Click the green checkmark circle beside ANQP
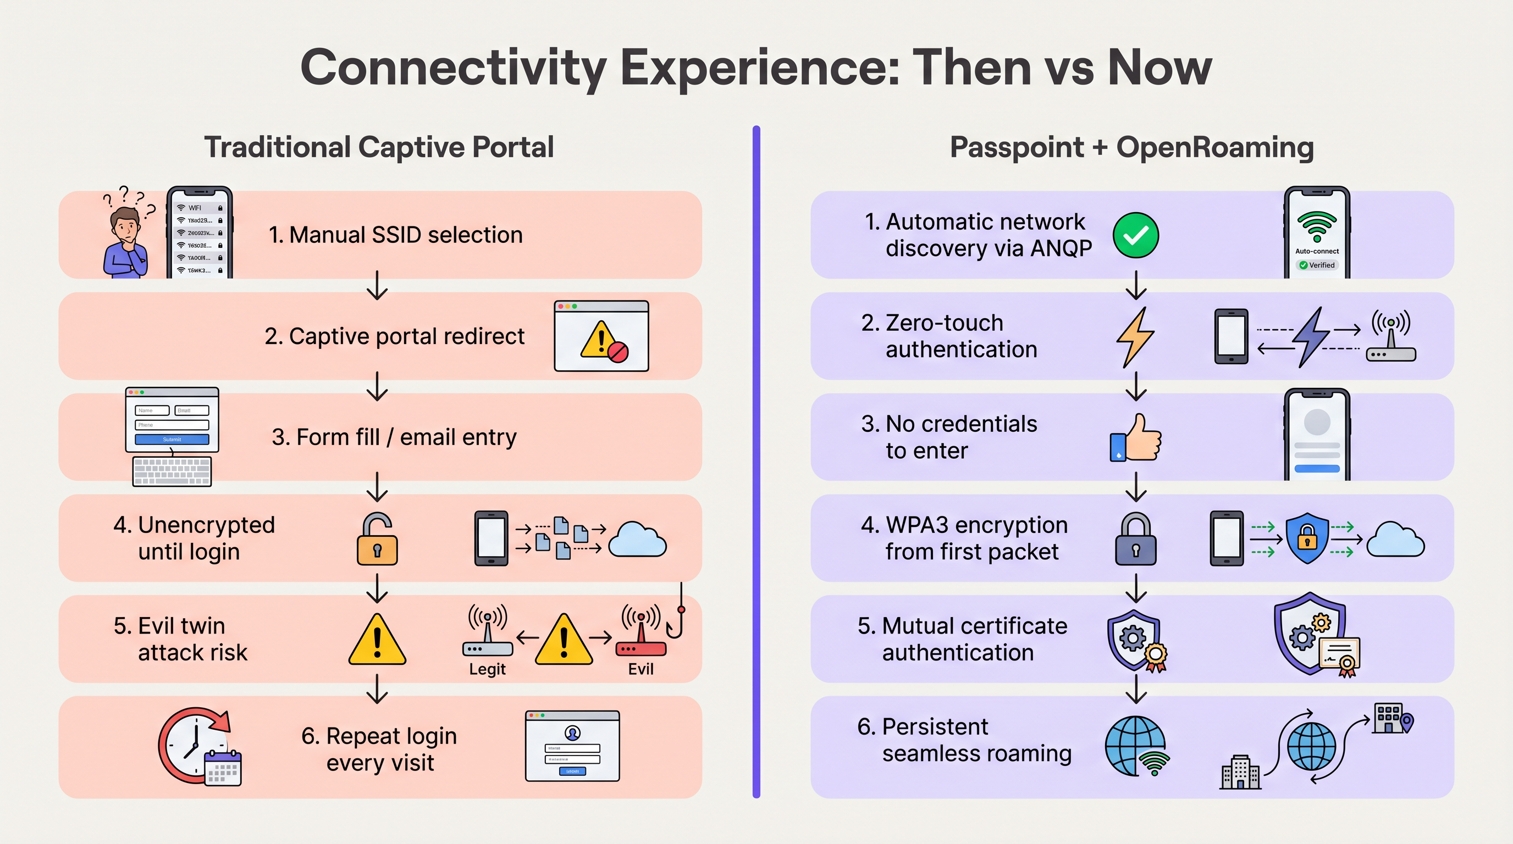(1135, 235)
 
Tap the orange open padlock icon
(377, 540)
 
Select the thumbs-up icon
(1136, 438)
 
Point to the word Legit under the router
(487, 669)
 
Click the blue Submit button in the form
(172, 439)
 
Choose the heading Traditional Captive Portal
(379, 147)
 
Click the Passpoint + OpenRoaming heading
(1131, 147)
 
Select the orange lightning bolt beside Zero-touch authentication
(1135, 337)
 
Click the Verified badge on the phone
(1317, 265)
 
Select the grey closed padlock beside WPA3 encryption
(1135, 540)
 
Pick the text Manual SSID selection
(395, 235)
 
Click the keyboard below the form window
(172, 471)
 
